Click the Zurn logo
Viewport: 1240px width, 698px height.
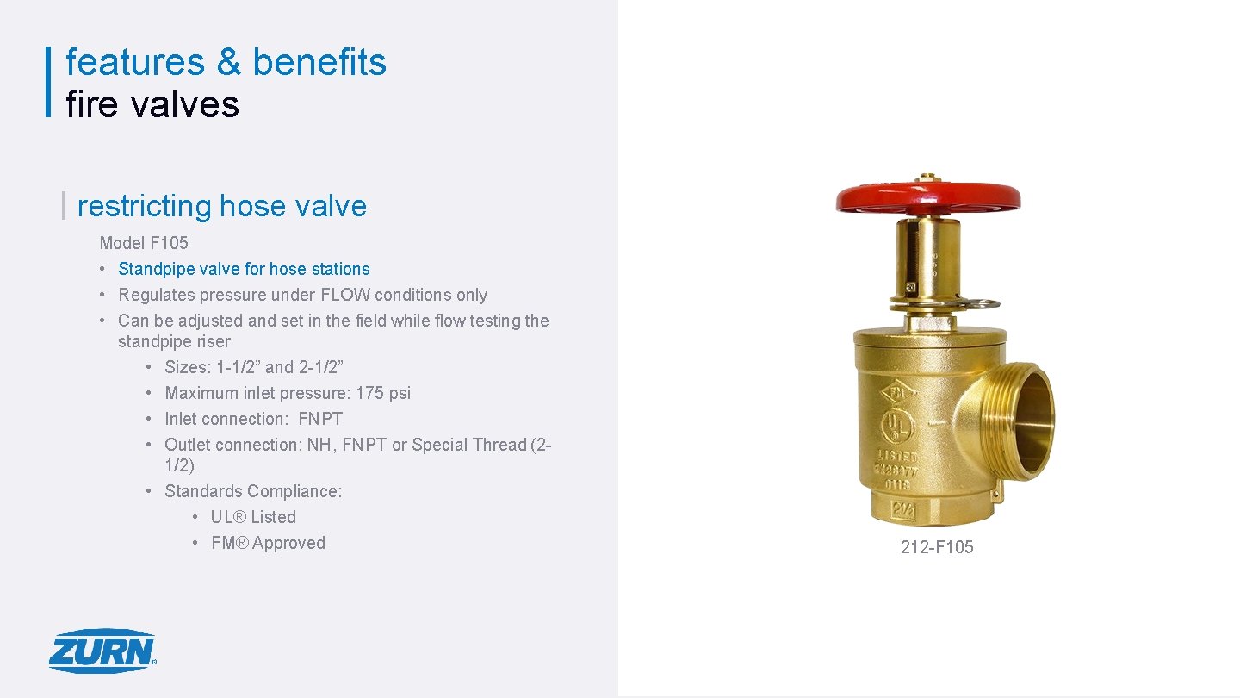pyautogui.click(x=102, y=651)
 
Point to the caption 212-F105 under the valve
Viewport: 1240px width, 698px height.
pyautogui.click(x=937, y=547)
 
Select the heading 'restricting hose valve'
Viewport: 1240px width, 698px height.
pyautogui.click(x=221, y=206)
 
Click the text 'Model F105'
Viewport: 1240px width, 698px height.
pyautogui.click(x=144, y=243)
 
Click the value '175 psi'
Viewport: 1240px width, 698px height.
pyautogui.click(x=383, y=393)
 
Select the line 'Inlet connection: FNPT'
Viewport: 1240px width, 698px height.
pyautogui.click(x=253, y=419)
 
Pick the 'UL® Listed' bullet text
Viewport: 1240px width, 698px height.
pyautogui.click(x=253, y=517)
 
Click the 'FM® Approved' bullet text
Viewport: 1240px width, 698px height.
pyautogui.click(x=268, y=543)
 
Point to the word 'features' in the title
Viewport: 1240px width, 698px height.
pyautogui.click(x=135, y=62)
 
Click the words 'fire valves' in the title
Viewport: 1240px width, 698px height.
pyautogui.click(x=152, y=104)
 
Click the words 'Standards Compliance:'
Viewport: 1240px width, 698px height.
pyautogui.click(x=253, y=491)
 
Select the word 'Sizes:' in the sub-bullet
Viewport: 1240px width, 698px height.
pyautogui.click(x=188, y=367)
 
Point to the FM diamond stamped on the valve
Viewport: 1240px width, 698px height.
pyautogui.click(x=899, y=392)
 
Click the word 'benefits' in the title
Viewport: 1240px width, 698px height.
pyautogui.click(x=319, y=62)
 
